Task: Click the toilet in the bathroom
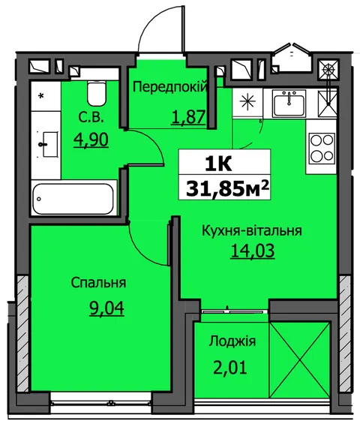96,94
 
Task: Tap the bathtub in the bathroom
73,199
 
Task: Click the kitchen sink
289,104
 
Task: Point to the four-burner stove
322,148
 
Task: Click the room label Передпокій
171,87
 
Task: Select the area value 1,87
188,118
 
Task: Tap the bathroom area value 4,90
91,140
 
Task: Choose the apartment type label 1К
218,164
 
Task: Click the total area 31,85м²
227,188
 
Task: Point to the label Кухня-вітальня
252,231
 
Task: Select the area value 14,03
253,251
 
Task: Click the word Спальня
98,283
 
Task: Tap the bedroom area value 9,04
106,308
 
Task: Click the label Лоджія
232,341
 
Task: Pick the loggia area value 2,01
230,368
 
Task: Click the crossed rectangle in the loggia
299,360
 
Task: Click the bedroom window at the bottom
100,404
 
